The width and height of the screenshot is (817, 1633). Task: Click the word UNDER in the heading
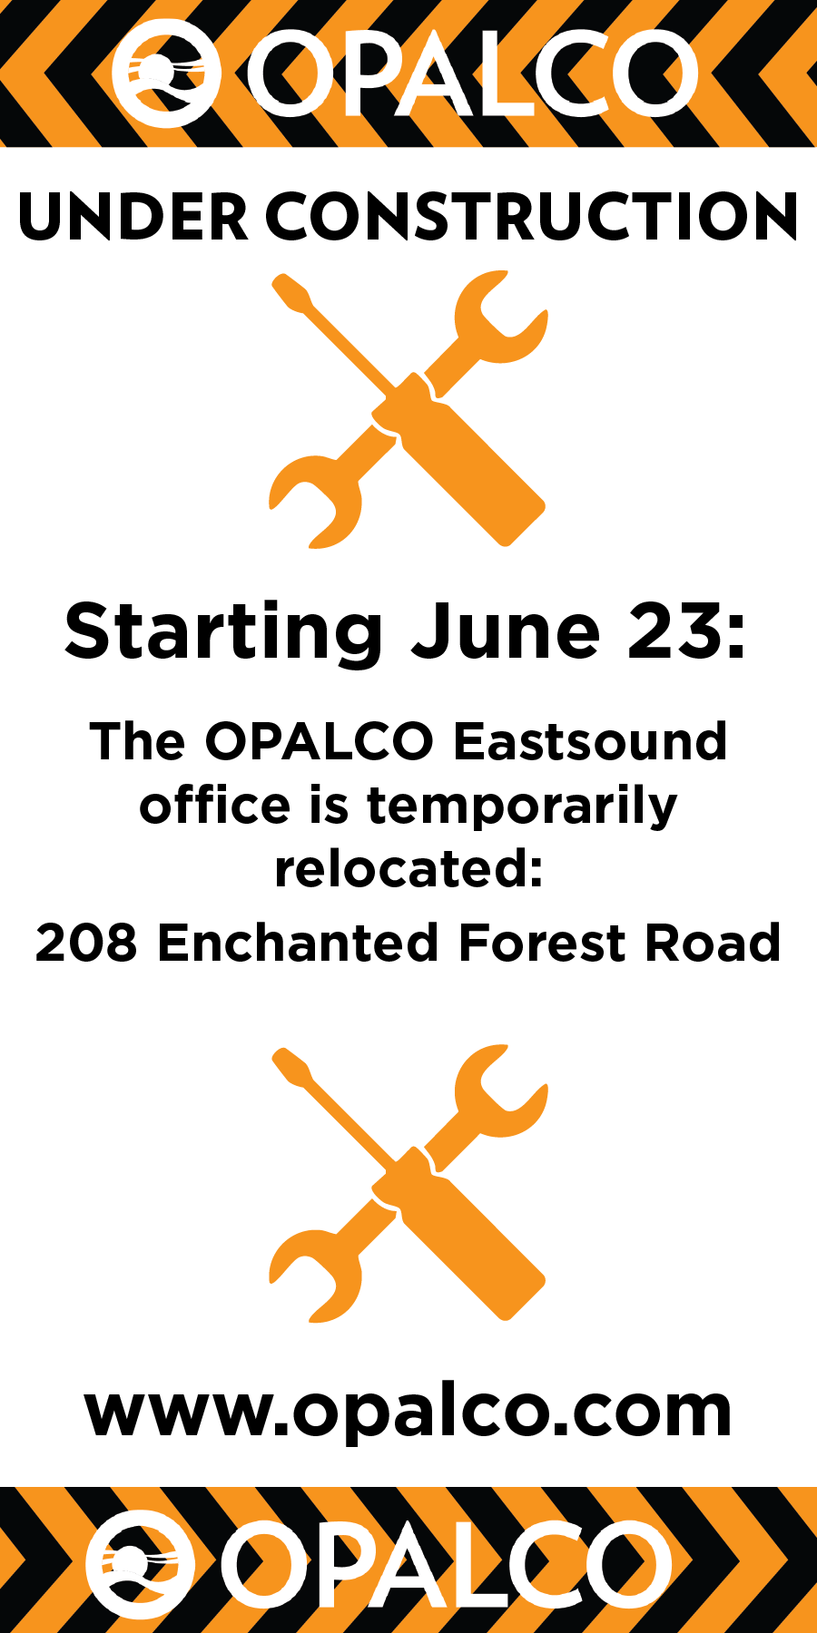(133, 218)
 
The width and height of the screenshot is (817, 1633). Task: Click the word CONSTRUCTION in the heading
(533, 218)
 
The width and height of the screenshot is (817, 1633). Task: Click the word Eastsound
(590, 741)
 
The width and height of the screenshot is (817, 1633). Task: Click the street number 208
(86, 943)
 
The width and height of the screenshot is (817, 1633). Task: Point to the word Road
(713, 943)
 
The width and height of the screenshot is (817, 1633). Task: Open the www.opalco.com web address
(408, 1412)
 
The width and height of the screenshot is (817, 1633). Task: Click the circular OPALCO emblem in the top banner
(166, 73)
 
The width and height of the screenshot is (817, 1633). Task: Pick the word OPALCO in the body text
(320, 741)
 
